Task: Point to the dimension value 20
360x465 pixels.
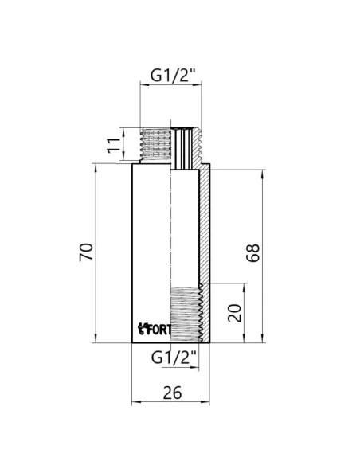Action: pyautogui.click(x=233, y=313)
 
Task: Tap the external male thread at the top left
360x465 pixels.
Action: pyautogui.click(x=156, y=145)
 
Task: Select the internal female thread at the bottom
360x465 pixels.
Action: pyautogui.click(x=185, y=315)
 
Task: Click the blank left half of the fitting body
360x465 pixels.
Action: pyautogui.click(x=151, y=239)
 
